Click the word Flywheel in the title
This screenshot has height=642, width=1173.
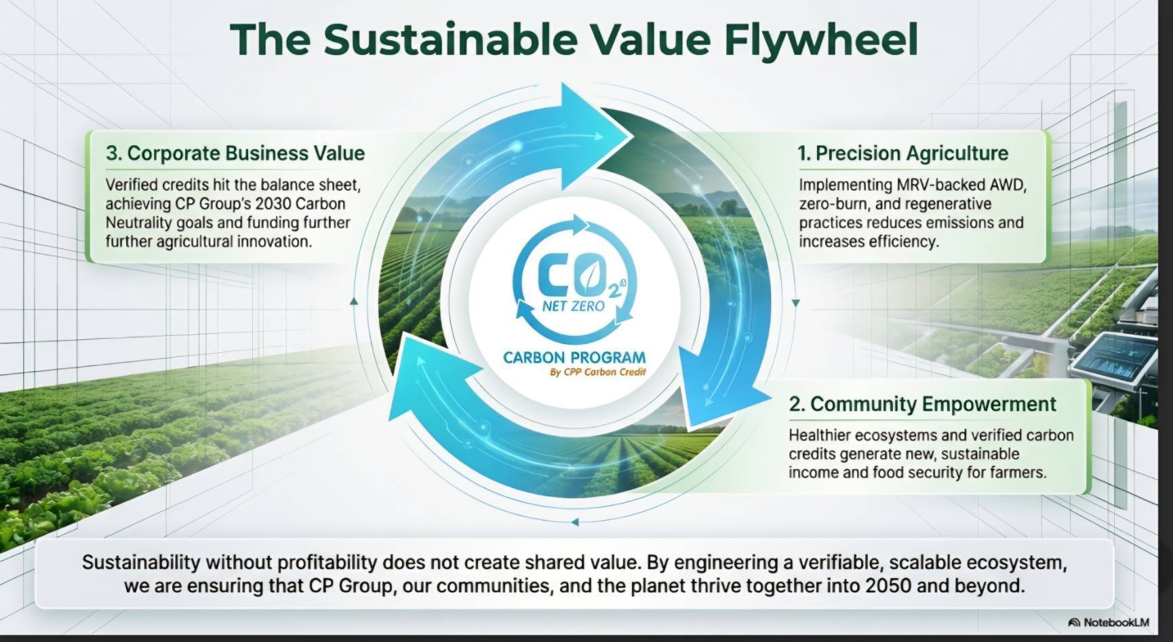tap(821, 39)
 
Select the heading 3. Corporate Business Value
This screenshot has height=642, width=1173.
tap(235, 153)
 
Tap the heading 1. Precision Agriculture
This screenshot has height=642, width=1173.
tap(903, 153)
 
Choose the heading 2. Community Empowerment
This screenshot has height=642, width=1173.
tap(922, 404)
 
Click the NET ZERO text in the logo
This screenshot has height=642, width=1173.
tap(574, 306)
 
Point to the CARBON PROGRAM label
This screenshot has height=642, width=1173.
tap(574, 358)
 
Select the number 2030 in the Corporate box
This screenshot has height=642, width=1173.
tap(273, 204)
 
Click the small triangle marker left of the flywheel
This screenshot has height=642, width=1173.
tap(353, 301)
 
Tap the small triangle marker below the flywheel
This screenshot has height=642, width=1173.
tap(575, 523)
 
